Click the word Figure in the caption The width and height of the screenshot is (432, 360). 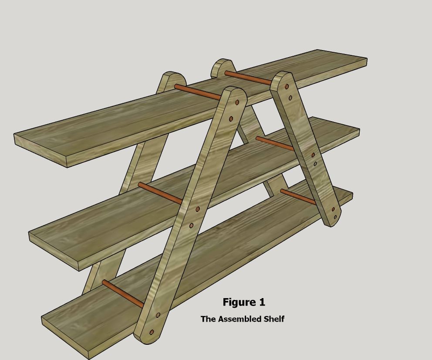click(x=239, y=302)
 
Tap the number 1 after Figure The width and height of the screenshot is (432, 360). click(x=262, y=302)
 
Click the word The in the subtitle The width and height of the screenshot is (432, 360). click(x=208, y=319)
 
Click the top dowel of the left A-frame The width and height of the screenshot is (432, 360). click(x=198, y=92)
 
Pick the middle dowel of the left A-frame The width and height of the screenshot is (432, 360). click(x=159, y=193)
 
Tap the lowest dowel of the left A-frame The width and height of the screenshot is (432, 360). click(x=123, y=294)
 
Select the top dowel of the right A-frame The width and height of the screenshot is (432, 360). click(x=249, y=78)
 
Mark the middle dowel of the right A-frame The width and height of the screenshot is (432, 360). click(x=275, y=143)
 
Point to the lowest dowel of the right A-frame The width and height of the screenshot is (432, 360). click(x=298, y=197)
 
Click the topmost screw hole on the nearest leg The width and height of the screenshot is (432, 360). click(x=237, y=103)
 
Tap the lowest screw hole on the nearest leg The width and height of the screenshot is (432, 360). click(x=152, y=332)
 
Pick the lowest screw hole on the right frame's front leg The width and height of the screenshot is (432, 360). click(x=335, y=217)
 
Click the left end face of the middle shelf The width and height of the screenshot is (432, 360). click(x=55, y=252)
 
